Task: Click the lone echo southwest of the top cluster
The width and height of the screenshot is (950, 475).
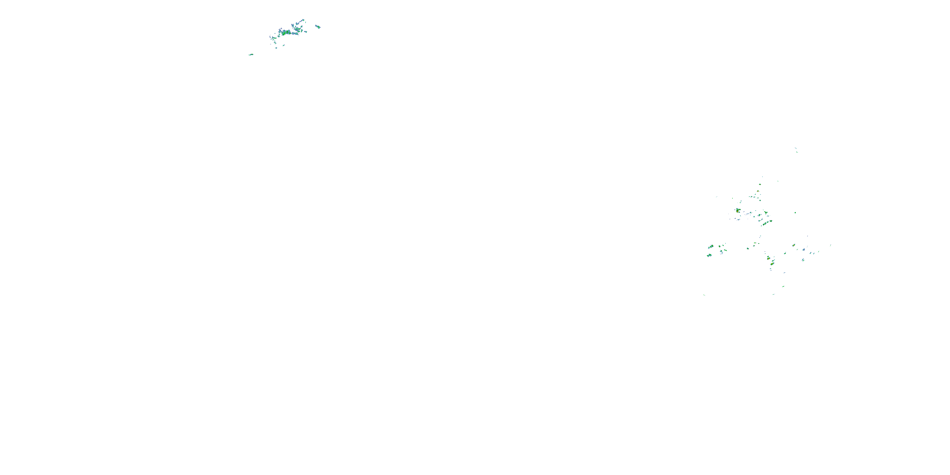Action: [x=251, y=54]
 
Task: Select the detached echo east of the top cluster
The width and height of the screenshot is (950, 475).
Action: [x=318, y=27]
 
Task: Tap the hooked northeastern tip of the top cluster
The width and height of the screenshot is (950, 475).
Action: [x=303, y=20]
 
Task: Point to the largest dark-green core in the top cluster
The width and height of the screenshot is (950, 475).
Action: [x=284, y=32]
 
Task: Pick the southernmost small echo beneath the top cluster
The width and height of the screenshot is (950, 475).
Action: [x=276, y=48]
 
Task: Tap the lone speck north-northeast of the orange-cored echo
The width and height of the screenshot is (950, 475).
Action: [x=778, y=181]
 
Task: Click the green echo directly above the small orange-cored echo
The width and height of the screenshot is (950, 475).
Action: [x=760, y=184]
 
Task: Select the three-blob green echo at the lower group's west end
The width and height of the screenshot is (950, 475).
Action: [x=711, y=246]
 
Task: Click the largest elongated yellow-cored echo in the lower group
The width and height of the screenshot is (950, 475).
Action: [x=772, y=263]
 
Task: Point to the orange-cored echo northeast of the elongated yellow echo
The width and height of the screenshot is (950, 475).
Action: [x=794, y=245]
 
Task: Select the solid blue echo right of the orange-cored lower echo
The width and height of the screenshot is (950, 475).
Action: [x=804, y=250]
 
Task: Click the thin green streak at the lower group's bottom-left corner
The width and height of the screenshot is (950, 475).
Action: [x=704, y=295]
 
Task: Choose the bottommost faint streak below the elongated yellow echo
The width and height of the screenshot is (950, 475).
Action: [x=773, y=294]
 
